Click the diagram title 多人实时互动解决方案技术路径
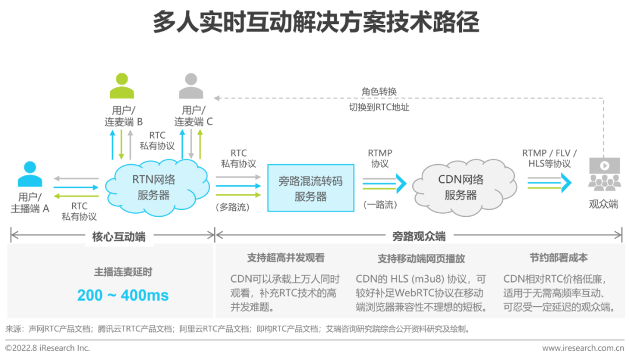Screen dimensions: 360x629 pos(315,23)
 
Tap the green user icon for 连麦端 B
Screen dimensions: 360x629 pos(122,86)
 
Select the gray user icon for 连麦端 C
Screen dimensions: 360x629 pos(191,86)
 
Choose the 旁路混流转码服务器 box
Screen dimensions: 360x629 pos(310,188)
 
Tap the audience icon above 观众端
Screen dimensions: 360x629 pos(603,174)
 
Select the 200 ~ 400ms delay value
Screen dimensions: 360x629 pos(123,295)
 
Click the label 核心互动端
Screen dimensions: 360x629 pos(119,237)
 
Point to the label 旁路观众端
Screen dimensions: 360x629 pos(419,237)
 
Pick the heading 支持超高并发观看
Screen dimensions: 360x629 pos(286,257)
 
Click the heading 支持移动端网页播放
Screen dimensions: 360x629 pos(421,258)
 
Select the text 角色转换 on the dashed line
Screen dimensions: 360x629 pos(379,91)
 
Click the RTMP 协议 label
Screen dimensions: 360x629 pos(380,158)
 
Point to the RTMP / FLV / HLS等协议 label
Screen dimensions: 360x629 pos(549,158)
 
